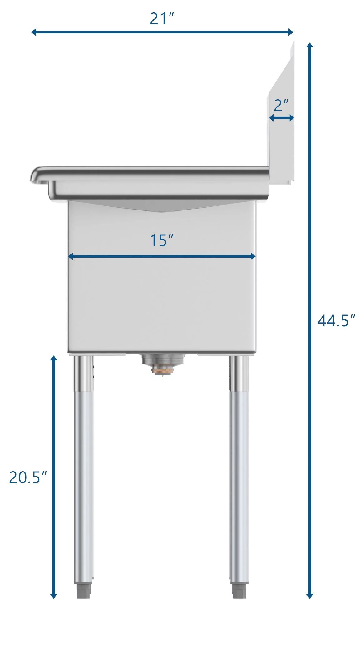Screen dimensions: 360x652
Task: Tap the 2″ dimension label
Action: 281,105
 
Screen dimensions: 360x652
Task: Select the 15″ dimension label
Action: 161,240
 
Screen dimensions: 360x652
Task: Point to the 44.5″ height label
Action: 336,320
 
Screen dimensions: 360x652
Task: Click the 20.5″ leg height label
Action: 28,477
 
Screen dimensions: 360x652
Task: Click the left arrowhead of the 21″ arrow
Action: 34,32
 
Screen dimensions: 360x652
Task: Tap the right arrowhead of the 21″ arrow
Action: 291,32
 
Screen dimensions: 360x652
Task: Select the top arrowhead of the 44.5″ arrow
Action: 309,45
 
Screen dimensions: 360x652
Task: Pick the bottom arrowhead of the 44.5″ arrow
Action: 309,595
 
